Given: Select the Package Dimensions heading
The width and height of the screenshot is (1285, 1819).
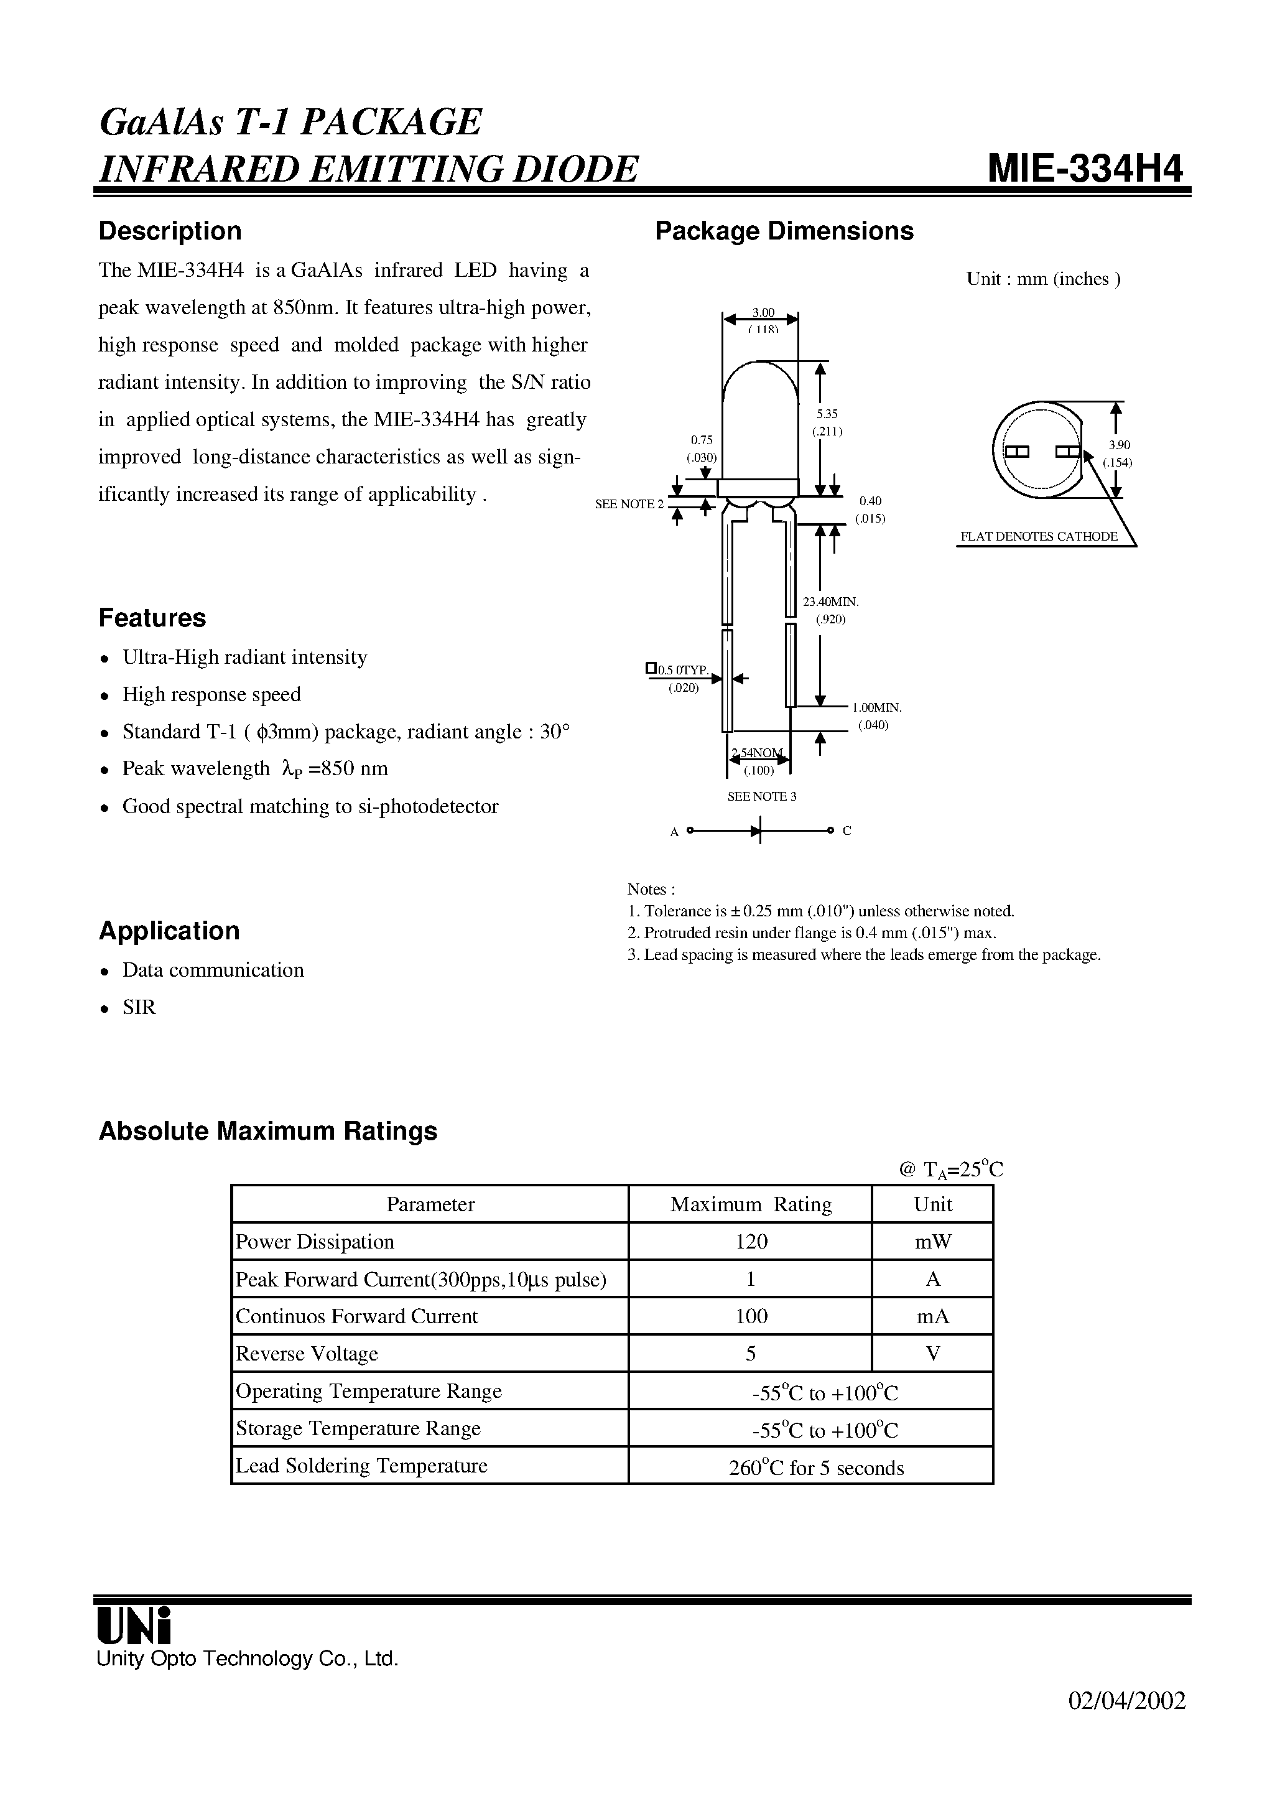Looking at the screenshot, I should click(784, 231).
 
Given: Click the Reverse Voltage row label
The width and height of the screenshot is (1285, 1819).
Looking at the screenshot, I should click(307, 1353).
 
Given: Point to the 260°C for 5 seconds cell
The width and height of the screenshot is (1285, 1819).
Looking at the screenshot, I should click(815, 1468).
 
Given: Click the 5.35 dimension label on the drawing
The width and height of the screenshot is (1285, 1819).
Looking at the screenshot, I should click(827, 414).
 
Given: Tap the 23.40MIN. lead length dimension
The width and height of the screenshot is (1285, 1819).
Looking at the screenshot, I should click(831, 602).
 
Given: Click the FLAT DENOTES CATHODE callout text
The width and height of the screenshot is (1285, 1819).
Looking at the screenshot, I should click(1038, 536).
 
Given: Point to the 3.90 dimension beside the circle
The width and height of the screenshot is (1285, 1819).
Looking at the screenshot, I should click(1119, 445).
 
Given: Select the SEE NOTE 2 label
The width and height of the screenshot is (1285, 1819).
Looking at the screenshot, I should click(629, 504).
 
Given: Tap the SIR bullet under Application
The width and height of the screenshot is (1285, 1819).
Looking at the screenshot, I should click(139, 1007).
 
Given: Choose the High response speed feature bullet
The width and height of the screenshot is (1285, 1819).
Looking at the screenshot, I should click(211, 694).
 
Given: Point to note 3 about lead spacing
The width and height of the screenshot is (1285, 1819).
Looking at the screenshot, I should click(863, 955).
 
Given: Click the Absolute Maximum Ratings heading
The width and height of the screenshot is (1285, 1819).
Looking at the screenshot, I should click(268, 1130).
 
